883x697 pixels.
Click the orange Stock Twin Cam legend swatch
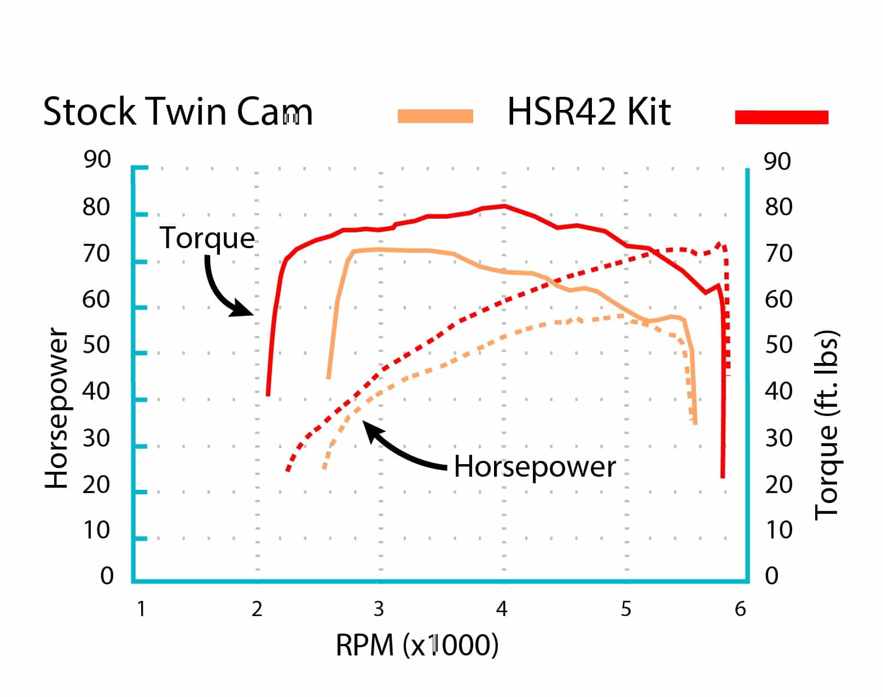(x=435, y=116)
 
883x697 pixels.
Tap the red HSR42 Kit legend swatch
(x=782, y=117)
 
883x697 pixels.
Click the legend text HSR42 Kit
(x=589, y=112)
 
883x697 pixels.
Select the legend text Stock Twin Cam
(x=178, y=112)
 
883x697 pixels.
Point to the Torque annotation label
(x=207, y=238)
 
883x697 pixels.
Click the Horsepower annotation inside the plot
(x=535, y=467)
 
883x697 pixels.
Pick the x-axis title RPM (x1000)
(x=417, y=645)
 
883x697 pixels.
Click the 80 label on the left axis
(x=96, y=208)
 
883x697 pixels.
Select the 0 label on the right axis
(x=771, y=576)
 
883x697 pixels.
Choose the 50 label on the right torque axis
(x=777, y=345)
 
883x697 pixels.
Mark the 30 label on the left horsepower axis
(x=96, y=438)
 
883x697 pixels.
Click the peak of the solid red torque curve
(x=504, y=206)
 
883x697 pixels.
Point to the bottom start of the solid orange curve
(x=328, y=377)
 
